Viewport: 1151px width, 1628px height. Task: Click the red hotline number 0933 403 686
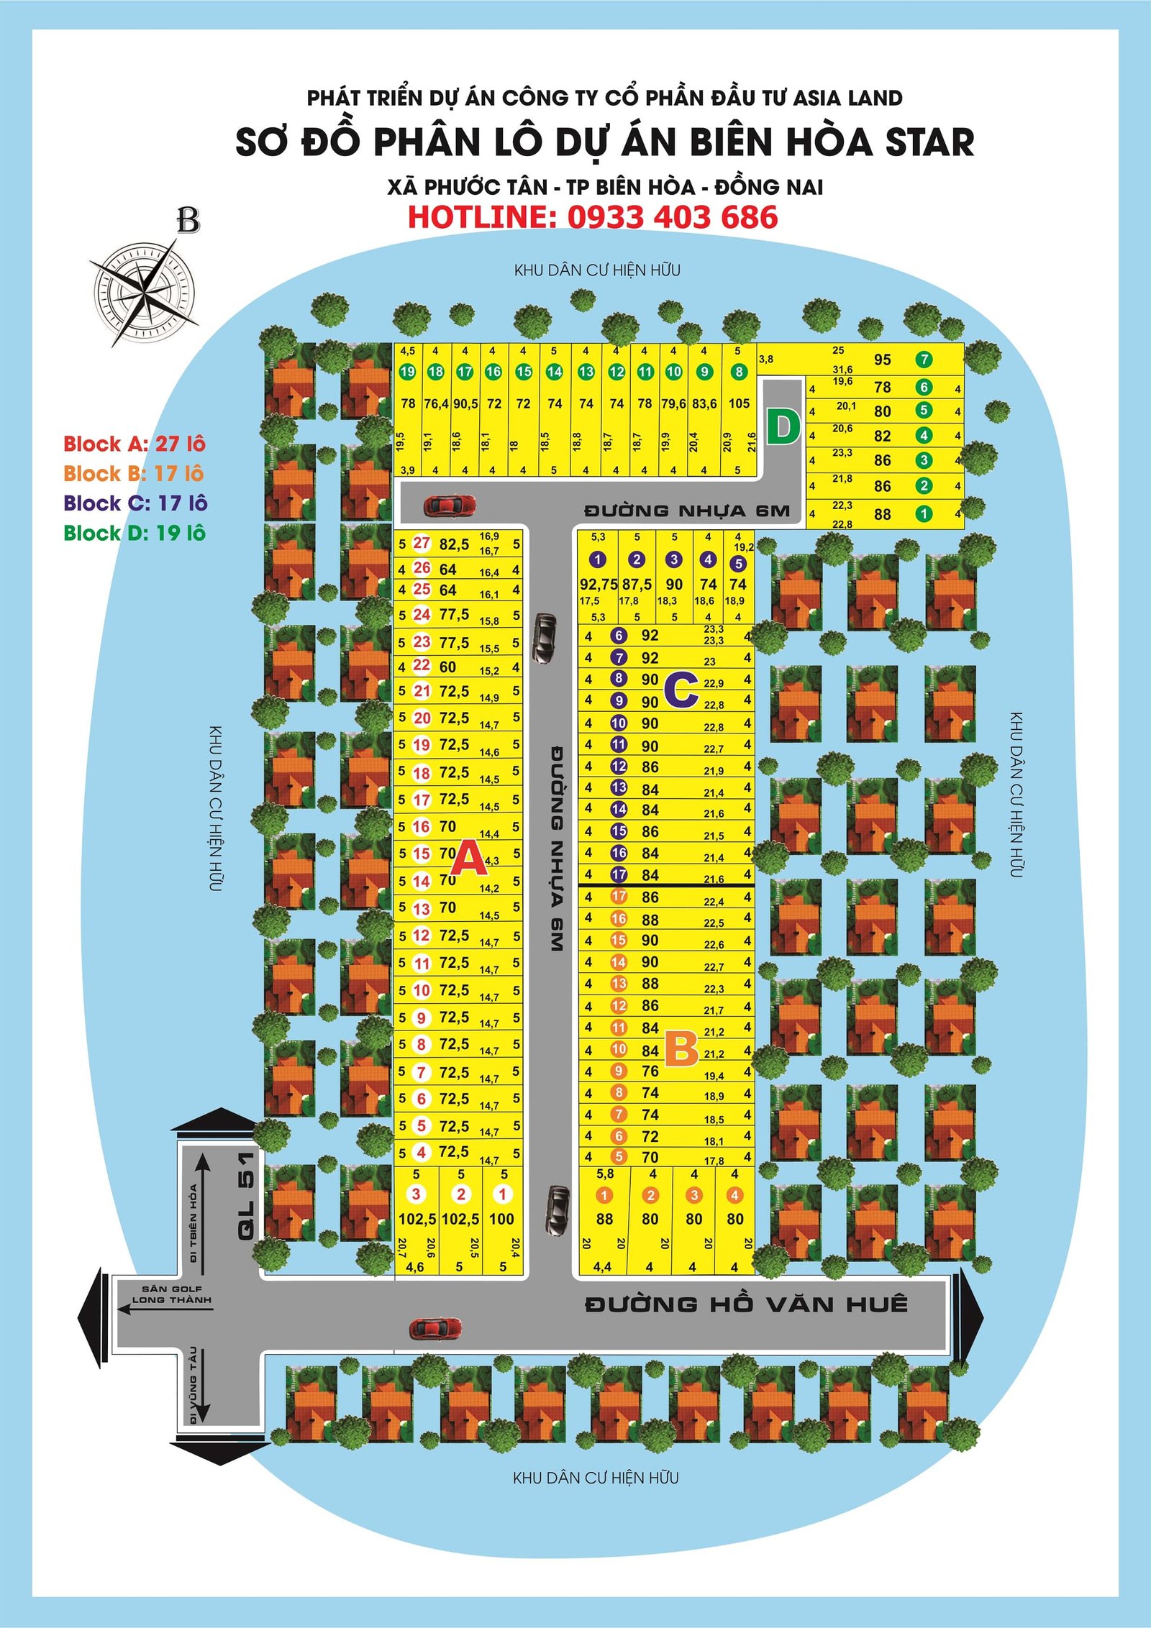(x=672, y=217)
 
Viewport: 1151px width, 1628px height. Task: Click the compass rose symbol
(x=144, y=291)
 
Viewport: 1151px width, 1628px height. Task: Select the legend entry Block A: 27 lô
(x=135, y=444)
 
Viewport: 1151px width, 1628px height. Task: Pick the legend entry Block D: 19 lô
(x=135, y=533)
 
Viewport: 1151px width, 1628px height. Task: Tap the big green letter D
(x=783, y=427)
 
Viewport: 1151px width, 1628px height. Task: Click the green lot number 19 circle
(x=407, y=372)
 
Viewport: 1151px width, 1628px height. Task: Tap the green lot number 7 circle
(x=924, y=360)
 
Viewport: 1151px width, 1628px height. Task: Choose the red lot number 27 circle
(x=422, y=543)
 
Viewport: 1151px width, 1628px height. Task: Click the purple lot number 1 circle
(x=597, y=559)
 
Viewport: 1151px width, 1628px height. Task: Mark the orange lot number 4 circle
(x=734, y=1195)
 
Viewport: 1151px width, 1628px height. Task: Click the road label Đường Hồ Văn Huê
(x=745, y=1304)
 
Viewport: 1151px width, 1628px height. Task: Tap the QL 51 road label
(x=246, y=1195)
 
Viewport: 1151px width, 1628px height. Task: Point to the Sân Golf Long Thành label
(x=172, y=1294)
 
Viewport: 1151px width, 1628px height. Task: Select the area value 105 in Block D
(x=739, y=404)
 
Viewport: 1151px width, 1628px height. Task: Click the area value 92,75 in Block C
(x=599, y=585)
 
